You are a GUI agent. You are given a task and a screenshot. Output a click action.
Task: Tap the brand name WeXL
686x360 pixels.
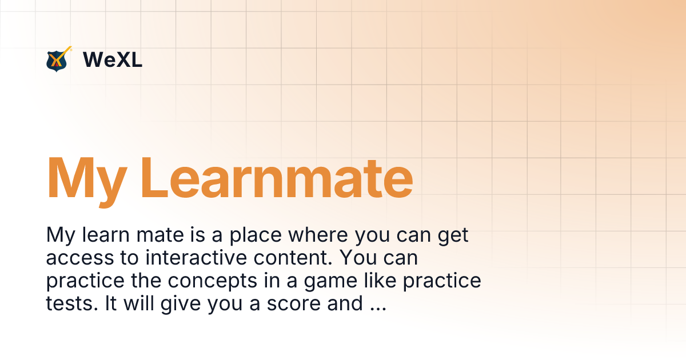(113, 59)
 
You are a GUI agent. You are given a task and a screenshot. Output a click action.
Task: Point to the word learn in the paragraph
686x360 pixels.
(105, 235)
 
